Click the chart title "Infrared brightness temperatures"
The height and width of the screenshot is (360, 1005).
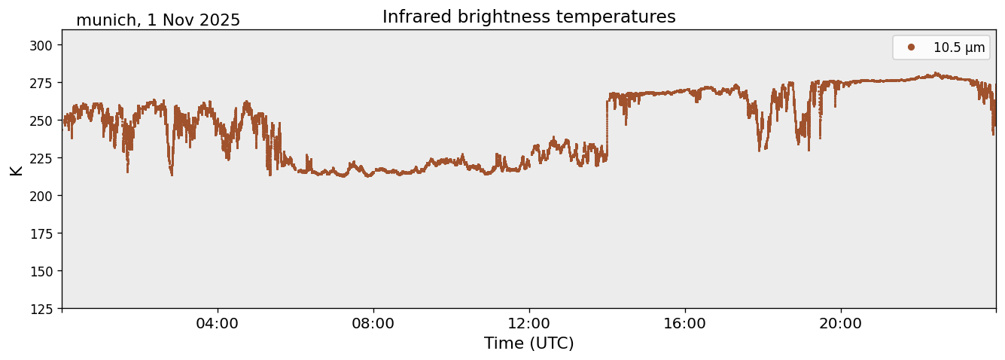coord(528,17)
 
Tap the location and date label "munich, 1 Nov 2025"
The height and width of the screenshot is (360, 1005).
coord(158,20)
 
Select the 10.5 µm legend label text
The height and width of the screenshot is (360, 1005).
coord(958,47)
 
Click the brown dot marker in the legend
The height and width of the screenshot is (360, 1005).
coord(911,47)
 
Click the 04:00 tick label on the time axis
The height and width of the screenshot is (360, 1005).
coord(218,323)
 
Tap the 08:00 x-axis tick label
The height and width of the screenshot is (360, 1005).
coord(373,323)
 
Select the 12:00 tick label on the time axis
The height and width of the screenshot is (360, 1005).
coord(529,323)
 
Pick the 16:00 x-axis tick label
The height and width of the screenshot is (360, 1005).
coord(685,323)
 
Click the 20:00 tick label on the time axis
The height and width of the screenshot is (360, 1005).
coord(841,323)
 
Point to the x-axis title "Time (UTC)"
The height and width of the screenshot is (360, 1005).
coord(528,343)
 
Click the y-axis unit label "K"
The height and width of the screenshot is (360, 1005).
coord(16,169)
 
